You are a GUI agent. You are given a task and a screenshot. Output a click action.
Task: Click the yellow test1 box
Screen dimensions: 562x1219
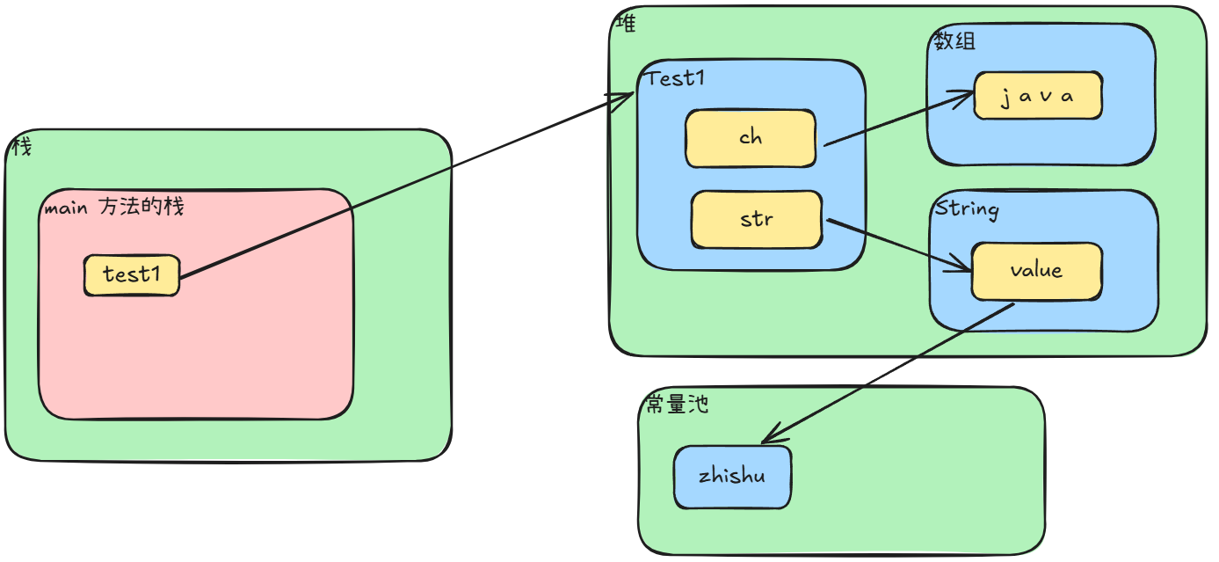coord(132,275)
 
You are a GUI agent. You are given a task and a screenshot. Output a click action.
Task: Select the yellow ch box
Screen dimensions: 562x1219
coord(751,138)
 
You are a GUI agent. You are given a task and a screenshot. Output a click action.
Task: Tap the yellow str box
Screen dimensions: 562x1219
coord(757,218)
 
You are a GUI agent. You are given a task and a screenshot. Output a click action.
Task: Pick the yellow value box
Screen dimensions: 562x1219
coord(1036,271)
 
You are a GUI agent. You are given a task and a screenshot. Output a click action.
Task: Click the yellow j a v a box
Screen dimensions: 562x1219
coord(1037,96)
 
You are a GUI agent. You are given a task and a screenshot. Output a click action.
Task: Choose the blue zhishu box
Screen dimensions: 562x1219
coord(732,477)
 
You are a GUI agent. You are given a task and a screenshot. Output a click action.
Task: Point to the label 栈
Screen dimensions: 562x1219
coord(21,147)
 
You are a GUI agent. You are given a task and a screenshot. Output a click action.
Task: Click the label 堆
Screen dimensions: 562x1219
coord(626,24)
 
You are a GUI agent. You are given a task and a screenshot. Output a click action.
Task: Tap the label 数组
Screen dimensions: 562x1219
coord(954,41)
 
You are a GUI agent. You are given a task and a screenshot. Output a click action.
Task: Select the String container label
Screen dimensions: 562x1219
coord(967,209)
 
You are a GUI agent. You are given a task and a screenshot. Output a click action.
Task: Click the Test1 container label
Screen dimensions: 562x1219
coord(676,79)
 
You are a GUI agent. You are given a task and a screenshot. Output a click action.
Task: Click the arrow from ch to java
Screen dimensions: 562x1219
coord(896,120)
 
